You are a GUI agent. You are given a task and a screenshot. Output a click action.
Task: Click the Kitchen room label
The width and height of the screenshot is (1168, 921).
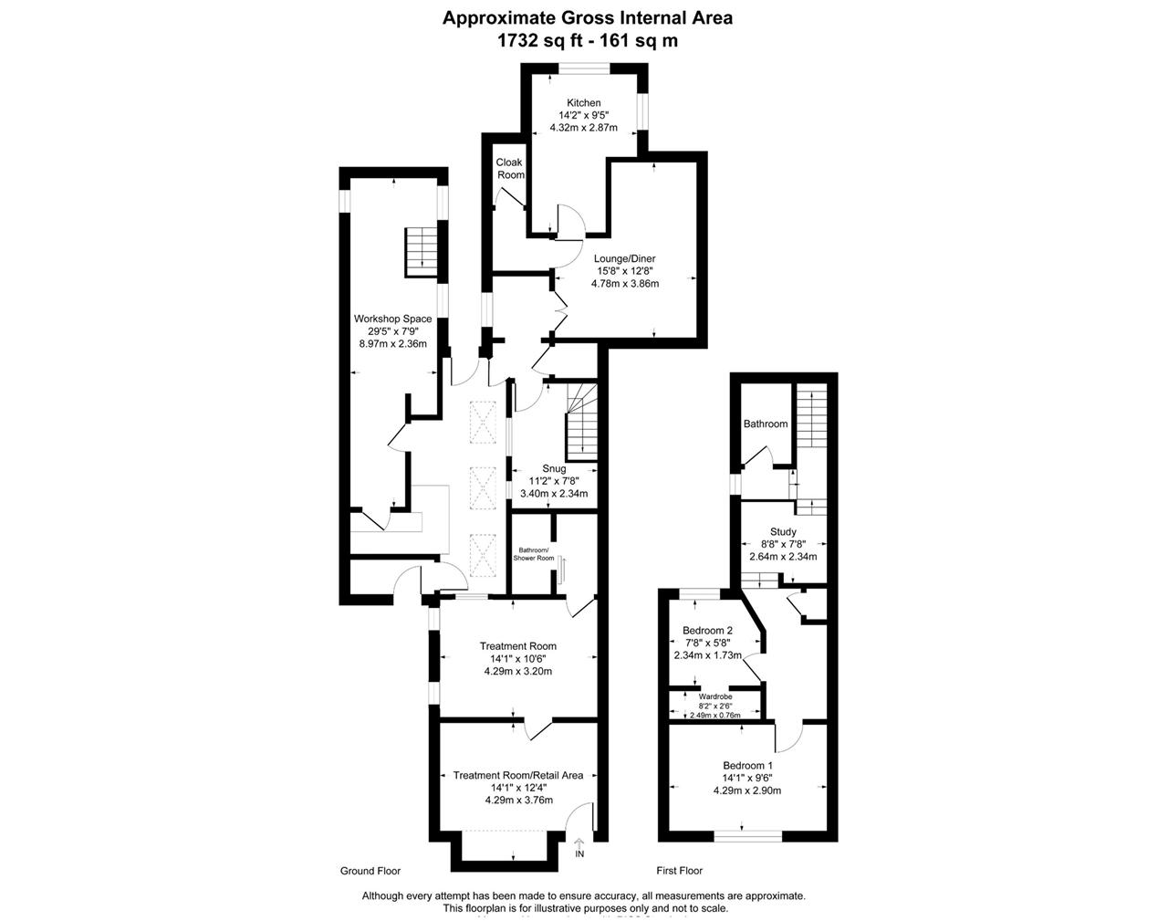pyautogui.click(x=583, y=102)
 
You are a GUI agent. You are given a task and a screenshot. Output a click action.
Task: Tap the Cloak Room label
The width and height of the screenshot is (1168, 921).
pyautogui.click(x=510, y=168)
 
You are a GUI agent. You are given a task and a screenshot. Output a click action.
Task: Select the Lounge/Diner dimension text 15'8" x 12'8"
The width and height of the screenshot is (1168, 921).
pyautogui.click(x=625, y=271)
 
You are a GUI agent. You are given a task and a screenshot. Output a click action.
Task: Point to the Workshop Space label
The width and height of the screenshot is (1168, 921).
pyautogui.click(x=393, y=319)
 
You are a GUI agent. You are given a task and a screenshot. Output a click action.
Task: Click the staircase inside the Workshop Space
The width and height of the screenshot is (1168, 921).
pyautogui.click(x=422, y=253)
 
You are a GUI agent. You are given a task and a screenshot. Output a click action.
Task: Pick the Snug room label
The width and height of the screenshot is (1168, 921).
pyautogui.click(x=554, y=468)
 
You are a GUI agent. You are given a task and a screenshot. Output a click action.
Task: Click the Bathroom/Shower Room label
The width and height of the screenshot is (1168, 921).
pyautogui.click(x=534, y=554)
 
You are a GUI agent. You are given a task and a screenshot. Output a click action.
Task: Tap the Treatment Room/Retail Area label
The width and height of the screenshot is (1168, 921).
pyautogui.click(x=518, y=776)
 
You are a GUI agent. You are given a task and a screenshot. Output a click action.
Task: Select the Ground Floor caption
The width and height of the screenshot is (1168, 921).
pyautogui.click(x=370, y=871)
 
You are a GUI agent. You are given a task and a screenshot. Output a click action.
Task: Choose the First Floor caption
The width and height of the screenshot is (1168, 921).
pyautogui.click(x=680, y=871)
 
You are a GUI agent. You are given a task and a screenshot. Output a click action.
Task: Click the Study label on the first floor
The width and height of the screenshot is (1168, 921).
pyautogui.click(x=783, y=531)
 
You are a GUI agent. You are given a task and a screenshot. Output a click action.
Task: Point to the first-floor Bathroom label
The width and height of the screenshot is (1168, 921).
pyautogui.click(x=766, y=424)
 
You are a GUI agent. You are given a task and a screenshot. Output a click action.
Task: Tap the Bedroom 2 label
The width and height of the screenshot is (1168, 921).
pyautogui.click(x=708, y=631)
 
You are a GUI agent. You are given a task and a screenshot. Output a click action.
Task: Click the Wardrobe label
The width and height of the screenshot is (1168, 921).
pyautogui.click(x=715, y=696)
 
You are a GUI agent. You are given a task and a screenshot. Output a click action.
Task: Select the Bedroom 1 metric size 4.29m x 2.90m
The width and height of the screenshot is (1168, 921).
pyautogui.click(x=747, y=790)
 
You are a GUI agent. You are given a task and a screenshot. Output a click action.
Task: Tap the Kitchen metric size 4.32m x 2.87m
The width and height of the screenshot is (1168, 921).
pyautogui.click(x=583, y=128)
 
